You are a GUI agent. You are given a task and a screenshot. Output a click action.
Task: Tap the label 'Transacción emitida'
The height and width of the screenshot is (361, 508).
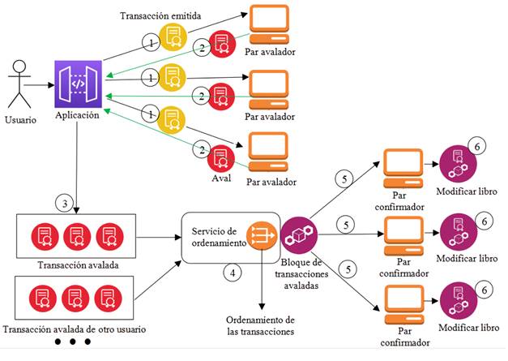[x=160, y=16]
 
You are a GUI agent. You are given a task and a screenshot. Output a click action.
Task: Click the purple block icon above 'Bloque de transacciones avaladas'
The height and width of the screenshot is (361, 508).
[x=299, y=235]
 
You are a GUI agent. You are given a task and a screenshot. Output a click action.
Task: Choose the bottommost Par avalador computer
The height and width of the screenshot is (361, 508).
[x=267, y=151]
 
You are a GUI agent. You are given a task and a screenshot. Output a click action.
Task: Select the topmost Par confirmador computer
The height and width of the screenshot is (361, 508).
[x=402, y=166]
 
